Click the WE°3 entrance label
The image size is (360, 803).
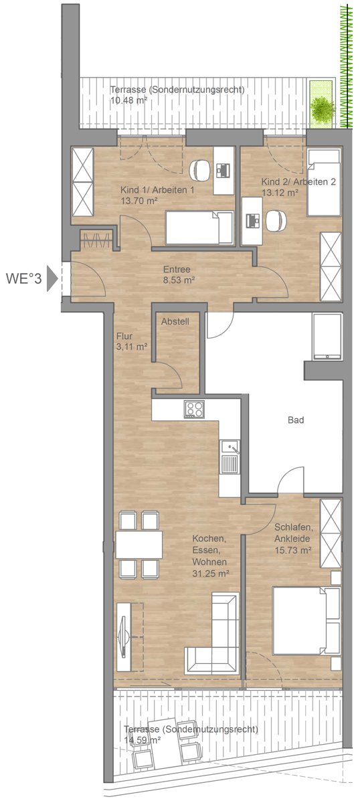pos(23,278)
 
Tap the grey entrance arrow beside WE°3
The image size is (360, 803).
pos(52,278)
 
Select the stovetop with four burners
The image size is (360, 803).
pos(194,410)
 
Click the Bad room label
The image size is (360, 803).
pos(296,420)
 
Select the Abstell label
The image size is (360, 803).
pos(175,322)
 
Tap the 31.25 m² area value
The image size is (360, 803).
pos(211,573)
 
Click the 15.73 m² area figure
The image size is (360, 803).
pos(292,550)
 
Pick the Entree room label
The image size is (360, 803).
pos(177,269)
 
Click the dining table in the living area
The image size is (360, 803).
pos(139,545)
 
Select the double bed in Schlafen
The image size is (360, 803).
pos(306,620)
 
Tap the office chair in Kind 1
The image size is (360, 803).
pos(199,170)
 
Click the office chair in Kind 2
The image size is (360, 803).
pos(276,220)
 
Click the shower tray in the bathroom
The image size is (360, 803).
pos(327,336)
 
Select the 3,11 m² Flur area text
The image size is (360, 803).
pos(132,347)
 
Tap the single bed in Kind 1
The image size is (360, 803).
pos(199,228)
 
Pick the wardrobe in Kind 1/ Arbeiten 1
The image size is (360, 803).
pos(82,182)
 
